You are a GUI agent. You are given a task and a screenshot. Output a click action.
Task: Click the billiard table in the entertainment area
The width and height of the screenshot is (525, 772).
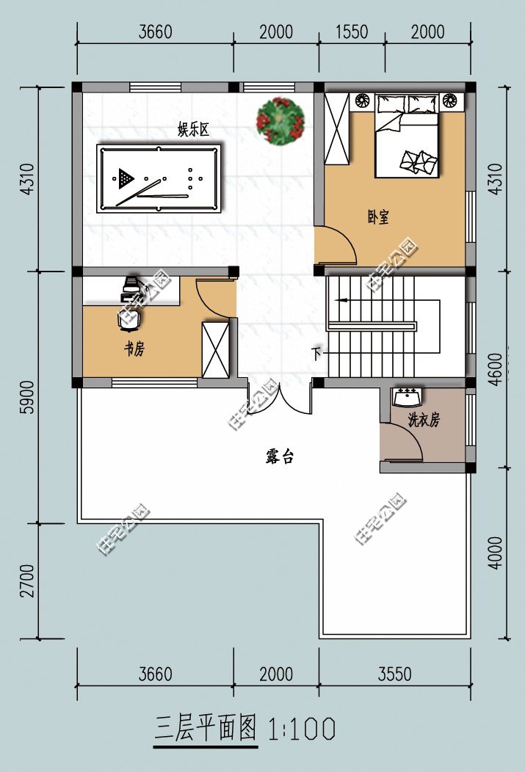(x=159, y=179)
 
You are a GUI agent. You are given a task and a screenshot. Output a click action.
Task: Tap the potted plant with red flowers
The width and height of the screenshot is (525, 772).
(x=280, y=121)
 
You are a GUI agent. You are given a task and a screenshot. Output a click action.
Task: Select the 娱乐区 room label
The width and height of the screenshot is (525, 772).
(x=194, y=129)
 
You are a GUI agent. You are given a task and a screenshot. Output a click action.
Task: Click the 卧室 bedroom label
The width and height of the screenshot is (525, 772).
(x=378, y=216)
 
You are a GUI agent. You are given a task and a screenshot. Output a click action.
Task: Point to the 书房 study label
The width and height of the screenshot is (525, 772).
(x=134, y=349)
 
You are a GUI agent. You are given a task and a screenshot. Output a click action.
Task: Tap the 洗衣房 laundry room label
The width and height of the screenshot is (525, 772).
(x=424, y=420)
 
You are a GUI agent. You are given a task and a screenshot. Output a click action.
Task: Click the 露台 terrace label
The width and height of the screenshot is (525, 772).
(x=280, y=456)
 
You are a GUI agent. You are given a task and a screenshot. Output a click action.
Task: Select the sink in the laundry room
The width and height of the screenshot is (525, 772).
(x=407, y=397)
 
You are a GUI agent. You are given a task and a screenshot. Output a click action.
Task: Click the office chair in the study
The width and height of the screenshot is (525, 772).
(x=130, y=319)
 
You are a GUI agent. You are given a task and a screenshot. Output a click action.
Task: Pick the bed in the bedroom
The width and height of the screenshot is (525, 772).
(x=406, y=136)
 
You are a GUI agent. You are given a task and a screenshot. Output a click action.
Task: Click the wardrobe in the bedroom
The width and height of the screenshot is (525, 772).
(x=337, y=128)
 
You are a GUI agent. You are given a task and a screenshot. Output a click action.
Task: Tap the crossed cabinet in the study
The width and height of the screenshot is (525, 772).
(x=216, y=350)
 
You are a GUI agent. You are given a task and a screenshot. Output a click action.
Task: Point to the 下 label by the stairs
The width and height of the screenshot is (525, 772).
(x=317, y=353)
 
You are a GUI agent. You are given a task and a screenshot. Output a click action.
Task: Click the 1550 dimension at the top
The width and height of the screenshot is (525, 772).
(x=352, y=32)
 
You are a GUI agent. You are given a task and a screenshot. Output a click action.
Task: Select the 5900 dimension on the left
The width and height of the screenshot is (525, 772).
(x=29, y=397)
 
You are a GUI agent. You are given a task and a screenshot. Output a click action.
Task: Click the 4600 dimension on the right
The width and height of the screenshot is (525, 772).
(x=496, y=369)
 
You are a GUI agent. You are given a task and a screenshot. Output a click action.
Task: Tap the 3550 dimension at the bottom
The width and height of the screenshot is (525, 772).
(x=394, y=674)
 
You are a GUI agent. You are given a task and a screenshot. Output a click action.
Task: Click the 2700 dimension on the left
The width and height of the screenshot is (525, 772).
(x=29, y=581)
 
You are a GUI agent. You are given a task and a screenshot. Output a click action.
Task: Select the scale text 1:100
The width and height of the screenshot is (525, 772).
(x=302, y=729)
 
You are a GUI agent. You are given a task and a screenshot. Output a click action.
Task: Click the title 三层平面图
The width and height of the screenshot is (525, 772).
(x=206, y=729)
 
